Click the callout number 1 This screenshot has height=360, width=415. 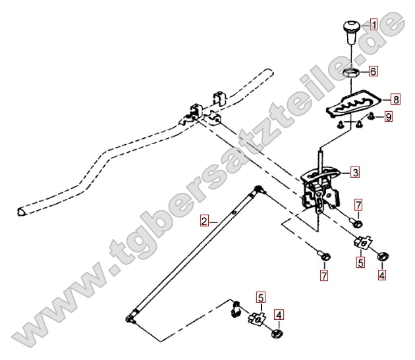click(x=373, y=24)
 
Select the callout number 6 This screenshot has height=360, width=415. click(x=373, y=71)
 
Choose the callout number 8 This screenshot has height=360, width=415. click(x=396, y=99)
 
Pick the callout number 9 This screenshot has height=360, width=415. click(x=388, y=116)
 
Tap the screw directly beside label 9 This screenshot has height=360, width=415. click(x=372, y=116)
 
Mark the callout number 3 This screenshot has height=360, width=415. click(x=355, y=172)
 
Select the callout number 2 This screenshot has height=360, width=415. click(x=204, y=221)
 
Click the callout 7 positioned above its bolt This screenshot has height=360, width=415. click(x=358, y=205)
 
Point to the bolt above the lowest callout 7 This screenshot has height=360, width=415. click(x=325, y=256)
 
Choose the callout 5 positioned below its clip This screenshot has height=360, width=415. click(x=360, y=263)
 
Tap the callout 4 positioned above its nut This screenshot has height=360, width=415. click(x=279, y=315)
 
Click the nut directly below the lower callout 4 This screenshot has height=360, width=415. click(x=277, y=333)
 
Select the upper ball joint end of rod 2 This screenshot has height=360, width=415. click(x=259, y=190)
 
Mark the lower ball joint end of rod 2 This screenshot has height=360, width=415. click(x=130, y=319)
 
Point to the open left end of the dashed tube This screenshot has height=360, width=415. click(x=20, y=212)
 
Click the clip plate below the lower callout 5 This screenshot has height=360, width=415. click(x=256, y=318)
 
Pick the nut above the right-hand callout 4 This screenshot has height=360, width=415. click(x=383, y=256)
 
